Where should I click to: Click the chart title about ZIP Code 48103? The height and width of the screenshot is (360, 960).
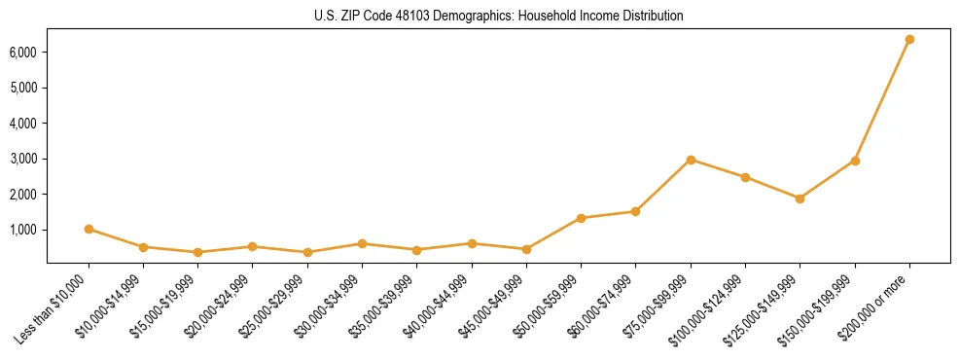click(499, 16)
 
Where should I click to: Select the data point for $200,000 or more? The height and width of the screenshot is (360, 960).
click(909, 40)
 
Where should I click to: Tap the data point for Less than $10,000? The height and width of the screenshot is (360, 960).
click(89, 230)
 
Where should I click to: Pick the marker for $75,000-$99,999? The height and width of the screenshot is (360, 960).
click(691, 160)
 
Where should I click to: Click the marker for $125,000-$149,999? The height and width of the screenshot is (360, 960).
click(800, 198)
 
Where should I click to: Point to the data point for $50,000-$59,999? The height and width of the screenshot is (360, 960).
click(581, 218)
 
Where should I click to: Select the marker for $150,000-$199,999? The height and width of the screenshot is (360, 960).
click(855, 161)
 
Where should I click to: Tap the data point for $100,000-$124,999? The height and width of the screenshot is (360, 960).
click(745, 177)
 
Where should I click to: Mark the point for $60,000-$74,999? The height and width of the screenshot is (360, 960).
click(635, 211)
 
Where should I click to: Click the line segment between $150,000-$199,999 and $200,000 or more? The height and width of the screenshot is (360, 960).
click(882, 100)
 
